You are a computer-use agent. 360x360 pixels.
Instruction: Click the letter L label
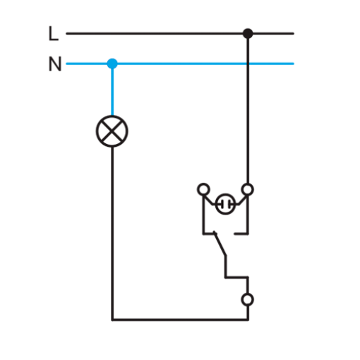[53, 33]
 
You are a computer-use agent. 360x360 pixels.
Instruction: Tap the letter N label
[55, 64]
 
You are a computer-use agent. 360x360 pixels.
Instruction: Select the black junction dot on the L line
[248, 33]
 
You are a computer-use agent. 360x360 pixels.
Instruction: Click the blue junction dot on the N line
[112, 64]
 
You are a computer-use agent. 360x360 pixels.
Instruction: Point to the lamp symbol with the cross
[112, 131]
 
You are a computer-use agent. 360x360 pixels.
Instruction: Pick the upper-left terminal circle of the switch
[203, 189]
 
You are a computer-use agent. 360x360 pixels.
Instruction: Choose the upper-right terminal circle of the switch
[248, 189]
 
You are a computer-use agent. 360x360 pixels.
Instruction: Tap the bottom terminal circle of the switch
[248, 299]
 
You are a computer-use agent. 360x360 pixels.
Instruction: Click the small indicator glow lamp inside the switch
[225, 204]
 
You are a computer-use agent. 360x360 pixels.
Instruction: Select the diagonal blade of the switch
[220, 244]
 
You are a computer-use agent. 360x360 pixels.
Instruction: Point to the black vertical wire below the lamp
[112, 233]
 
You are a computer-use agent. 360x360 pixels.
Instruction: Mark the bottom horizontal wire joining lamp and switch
[180, 320]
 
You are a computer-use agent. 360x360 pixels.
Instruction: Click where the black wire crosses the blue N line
[248, 64]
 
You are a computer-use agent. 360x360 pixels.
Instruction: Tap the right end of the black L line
[294, 33]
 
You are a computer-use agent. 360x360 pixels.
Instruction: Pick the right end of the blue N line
[294, 64]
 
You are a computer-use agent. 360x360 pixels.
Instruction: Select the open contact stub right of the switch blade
[241, 234]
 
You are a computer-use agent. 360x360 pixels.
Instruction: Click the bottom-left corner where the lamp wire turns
[112, 320]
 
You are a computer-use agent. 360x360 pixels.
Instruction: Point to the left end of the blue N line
[66, 64]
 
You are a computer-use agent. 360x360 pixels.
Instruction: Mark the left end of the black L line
[66, 33]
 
